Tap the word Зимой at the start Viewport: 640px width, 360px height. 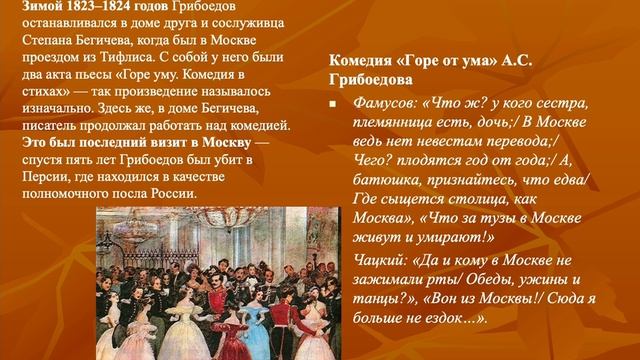(x=24, y=7)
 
